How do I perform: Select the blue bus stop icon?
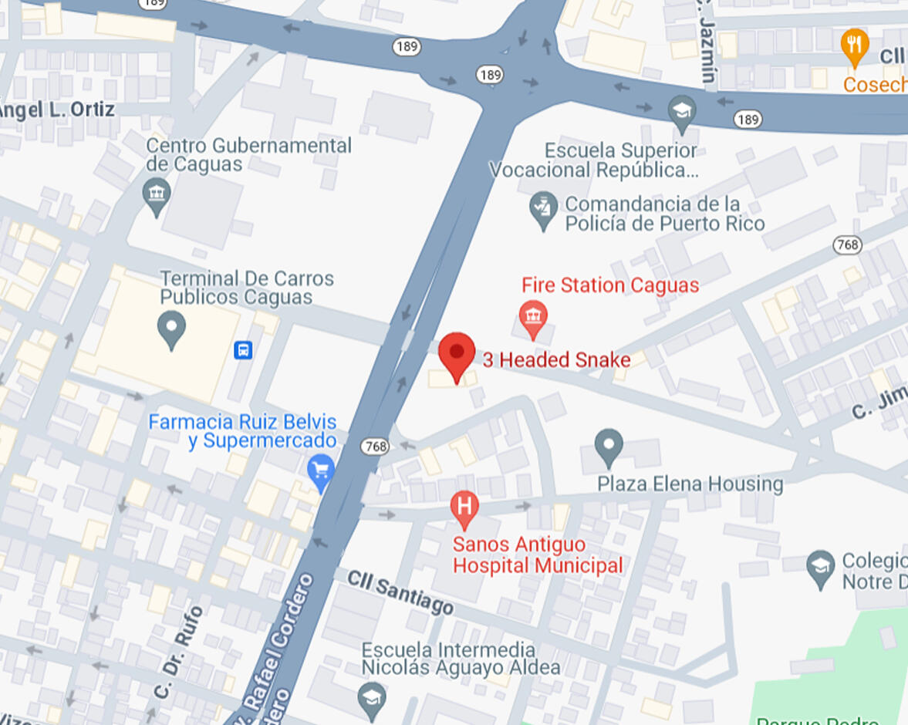pos(243,350)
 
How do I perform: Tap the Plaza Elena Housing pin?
pos(609,446)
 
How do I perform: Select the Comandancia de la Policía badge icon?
pos(544,208)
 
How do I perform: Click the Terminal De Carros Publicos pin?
pos(171,329)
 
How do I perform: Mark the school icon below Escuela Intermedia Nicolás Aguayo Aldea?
pos(372,698)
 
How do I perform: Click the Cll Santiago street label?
pos(400,592)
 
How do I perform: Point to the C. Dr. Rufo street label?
pos(178,652)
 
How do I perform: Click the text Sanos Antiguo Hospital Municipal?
pos(537,555)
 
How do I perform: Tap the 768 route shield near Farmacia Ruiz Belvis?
pos(374,447)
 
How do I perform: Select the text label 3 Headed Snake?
pos(556,359)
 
